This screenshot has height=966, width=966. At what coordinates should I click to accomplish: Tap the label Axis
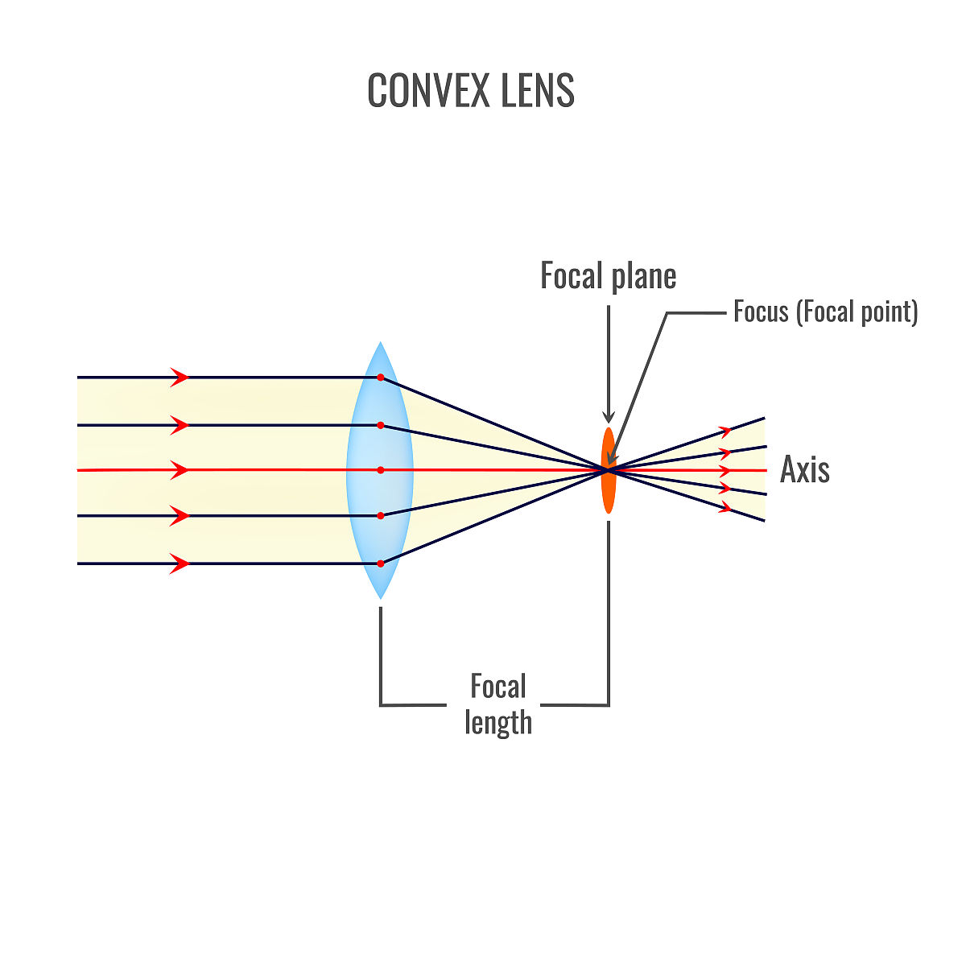click(x=804, y=470)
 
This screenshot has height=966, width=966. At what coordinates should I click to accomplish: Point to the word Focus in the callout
click(x=761, y=312)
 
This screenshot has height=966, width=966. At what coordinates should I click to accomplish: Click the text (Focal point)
click(x=857, y=312)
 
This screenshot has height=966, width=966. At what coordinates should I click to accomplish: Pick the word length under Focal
click(x=498, y=722)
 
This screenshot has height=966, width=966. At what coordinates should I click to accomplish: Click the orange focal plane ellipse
click(x=609, y=491)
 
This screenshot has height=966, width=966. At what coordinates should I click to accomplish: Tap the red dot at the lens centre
click(x=381, y=469)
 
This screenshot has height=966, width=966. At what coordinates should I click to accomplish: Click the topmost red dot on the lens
click(x=381, y=377)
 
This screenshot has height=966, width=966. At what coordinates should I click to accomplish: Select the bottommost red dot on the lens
click(x=381, y=563)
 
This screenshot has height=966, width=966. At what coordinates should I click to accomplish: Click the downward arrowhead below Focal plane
click(x=609, y=416)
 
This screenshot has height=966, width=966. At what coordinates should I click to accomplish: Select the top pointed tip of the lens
click(x=380, y=343)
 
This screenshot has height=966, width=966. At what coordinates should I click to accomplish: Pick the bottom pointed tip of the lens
click(x=380, y=597)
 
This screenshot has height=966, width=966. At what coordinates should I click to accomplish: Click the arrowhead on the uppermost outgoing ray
click(x=726, y=431)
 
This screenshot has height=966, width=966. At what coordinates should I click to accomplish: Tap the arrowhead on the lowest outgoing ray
click(x=726, y=507)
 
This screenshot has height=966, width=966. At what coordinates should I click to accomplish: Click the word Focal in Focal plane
click(x=572, y=277)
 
